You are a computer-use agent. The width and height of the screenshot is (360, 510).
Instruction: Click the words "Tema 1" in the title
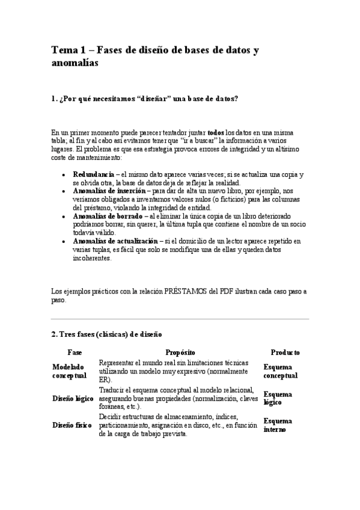[67, 51]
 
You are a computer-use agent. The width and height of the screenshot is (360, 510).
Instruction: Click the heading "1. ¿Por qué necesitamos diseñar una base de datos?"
[148, 99]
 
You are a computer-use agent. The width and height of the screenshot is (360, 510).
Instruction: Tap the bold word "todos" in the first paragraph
[216, 132]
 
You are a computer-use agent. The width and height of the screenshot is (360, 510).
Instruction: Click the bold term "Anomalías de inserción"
[108, 191]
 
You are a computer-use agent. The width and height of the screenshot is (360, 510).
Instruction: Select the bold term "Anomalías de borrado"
[108, 215]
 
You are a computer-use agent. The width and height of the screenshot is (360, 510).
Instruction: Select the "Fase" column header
[75, 352]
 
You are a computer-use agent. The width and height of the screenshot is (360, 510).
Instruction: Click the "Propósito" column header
[180, 352]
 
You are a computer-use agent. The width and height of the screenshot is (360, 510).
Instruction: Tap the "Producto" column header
[285, 352]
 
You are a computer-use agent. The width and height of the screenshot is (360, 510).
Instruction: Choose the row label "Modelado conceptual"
[69, 370]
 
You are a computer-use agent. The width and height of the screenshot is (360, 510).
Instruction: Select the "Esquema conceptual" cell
[280, 370]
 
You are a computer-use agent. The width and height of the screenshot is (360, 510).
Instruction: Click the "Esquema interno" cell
[278, 425]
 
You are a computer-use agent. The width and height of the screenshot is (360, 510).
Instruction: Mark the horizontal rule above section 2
[180, 319]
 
